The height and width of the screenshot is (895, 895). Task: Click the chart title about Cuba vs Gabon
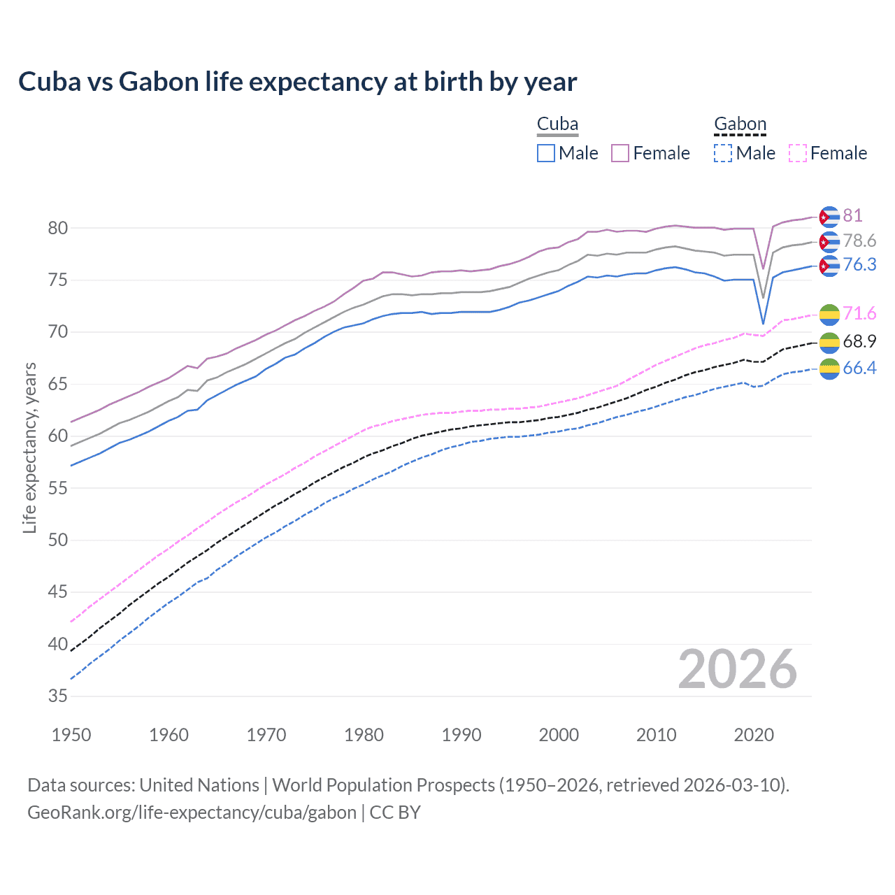tap(297, 82)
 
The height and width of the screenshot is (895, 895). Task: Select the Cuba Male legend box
tap(546, 153)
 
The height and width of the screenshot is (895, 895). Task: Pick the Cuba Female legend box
tap(620, 153)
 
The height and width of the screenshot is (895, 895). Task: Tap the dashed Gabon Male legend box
tap(723, 153)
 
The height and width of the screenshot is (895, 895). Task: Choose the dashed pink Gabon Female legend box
tap(797, 153)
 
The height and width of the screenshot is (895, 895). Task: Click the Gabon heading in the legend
tap(740, 124)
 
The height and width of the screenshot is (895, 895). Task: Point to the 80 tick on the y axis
tap(58, 228)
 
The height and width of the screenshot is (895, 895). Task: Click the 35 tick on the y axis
tap(58, 696)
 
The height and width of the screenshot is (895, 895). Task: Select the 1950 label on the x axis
tap(71, 735)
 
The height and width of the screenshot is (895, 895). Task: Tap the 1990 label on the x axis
tap(461, 735)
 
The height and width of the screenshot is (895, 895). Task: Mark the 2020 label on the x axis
tap(754, 735)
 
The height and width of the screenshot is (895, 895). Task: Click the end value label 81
tap(852, 215)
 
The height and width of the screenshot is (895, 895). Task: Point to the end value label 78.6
tap(859, 241)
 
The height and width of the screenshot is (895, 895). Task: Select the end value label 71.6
tap(859, 313)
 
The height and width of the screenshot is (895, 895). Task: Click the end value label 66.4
tap(859, 368)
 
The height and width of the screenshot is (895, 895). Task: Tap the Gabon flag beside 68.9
tap(829, 342)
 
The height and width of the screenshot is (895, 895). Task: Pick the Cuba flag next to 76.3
tap(829, 266)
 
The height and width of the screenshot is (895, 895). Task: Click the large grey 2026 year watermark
tap(737, 669)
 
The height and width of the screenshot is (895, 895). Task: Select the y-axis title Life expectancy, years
tap(30, 447)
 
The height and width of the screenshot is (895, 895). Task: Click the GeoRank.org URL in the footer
tap(192, 812)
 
